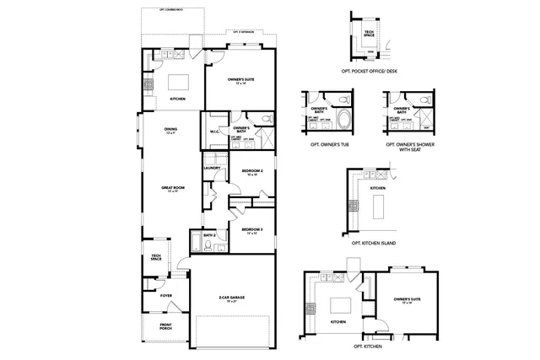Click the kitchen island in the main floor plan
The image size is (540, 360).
[x=178, y=82]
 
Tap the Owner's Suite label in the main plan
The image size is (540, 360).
[x=241, y=81]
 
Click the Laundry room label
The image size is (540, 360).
[x=212, y=168]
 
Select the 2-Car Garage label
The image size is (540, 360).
[x=233, y=299]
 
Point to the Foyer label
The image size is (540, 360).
[x=166, y=296]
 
